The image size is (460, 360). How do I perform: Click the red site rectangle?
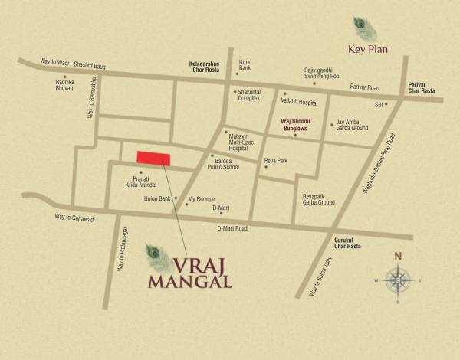153,158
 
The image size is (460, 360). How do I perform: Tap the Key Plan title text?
367,50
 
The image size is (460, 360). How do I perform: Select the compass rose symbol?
398,280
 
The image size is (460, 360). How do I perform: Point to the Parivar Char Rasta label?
422,87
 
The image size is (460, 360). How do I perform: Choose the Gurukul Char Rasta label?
347,244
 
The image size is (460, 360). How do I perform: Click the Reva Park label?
275,161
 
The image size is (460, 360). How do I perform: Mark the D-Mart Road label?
232,228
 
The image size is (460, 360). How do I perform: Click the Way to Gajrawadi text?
74,218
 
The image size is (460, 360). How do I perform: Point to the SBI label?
378,103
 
